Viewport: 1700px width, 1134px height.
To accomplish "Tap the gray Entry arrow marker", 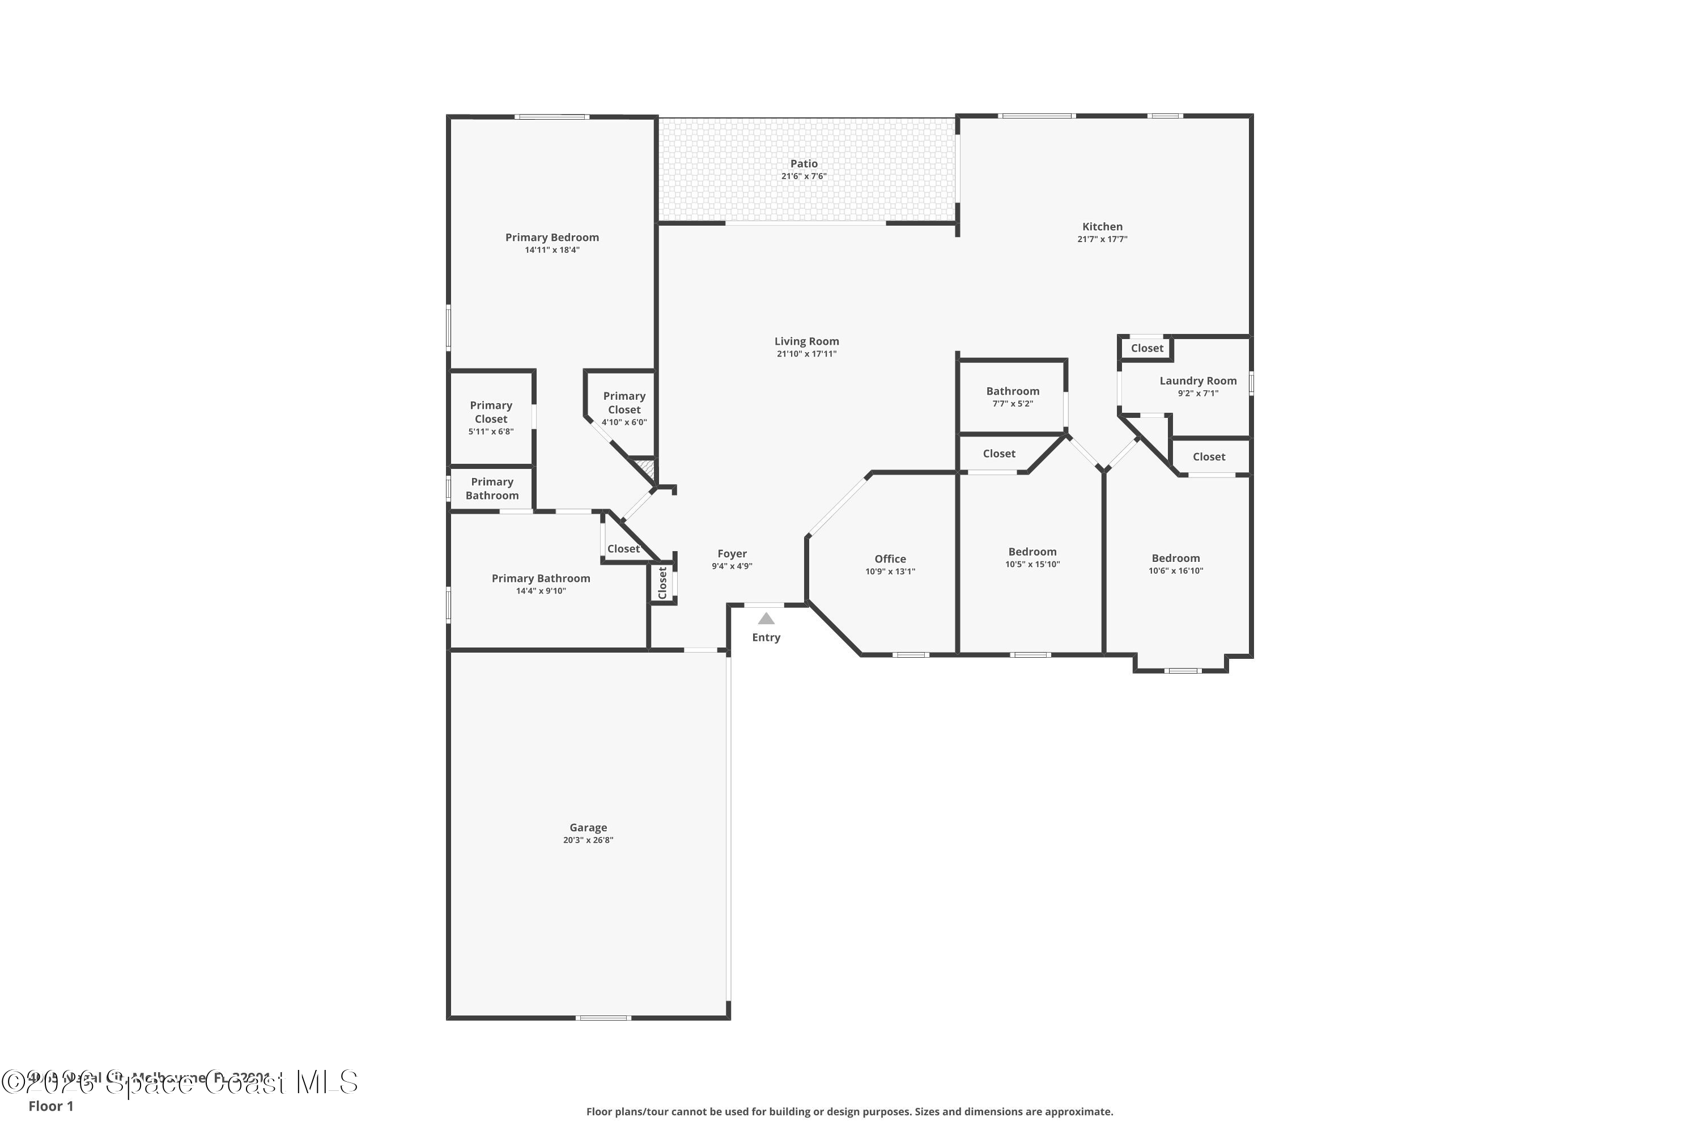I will pos(766,619).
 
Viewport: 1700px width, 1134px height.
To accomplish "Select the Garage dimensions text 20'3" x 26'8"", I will pos(588,840).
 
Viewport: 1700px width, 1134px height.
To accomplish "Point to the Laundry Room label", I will pos(1198,381).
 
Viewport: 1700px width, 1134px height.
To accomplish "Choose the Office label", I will pos(890,559).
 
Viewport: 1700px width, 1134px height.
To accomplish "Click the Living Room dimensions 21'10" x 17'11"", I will pos(806,354).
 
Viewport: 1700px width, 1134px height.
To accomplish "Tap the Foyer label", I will pos(732,554).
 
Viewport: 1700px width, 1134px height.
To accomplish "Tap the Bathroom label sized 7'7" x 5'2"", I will pos(1013,391).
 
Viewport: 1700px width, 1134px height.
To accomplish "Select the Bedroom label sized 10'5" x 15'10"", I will pos(1032,552).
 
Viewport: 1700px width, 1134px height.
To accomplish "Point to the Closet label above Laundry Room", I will pos(1147,349).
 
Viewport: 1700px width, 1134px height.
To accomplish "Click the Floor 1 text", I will pos(50,1106).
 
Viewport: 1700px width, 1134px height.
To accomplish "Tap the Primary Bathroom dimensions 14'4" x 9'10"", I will pos(541,591).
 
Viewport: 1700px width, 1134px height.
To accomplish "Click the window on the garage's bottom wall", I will pos(603,1018).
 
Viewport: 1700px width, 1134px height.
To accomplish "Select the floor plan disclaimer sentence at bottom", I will pos(849,1111).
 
